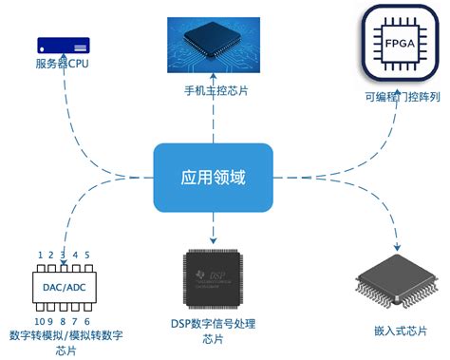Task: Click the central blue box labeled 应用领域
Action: coord(213,178)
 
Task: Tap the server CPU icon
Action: coord(63,45)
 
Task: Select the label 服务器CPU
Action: coord(63,65)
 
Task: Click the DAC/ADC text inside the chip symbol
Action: coord(64,289)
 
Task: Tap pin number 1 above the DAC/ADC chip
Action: coord(40,256)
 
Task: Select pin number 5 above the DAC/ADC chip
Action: coord(87,256)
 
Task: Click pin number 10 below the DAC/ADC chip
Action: coord(39,322)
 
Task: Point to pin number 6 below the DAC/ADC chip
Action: coord(87,322)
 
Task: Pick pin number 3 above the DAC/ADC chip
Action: coord(63,256)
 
